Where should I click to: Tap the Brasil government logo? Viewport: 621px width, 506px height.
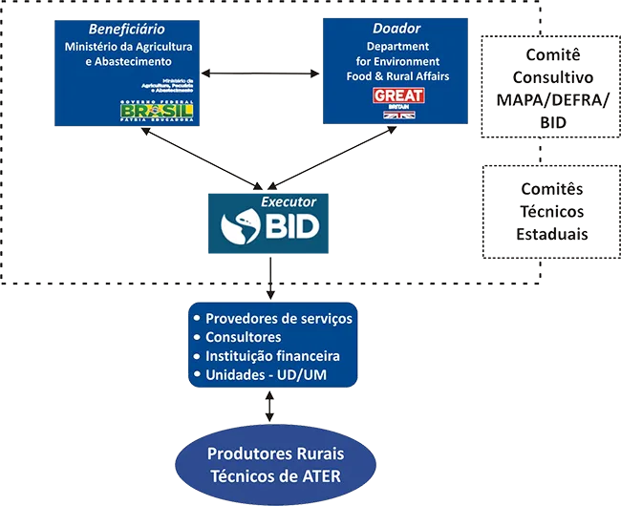coord(157,111)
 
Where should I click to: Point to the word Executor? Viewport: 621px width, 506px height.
coord(289,203)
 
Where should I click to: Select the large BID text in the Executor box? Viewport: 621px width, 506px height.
coord(289,227)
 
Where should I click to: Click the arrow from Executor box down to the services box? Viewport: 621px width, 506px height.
coord(272,279)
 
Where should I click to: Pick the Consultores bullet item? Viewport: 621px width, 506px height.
coord(243,337)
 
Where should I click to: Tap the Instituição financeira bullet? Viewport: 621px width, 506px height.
coord(272,356)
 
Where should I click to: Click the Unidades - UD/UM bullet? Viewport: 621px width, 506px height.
coord(266,375)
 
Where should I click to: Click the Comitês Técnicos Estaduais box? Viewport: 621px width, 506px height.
coord(551,211)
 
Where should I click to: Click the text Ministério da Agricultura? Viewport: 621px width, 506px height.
coord(128,46)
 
